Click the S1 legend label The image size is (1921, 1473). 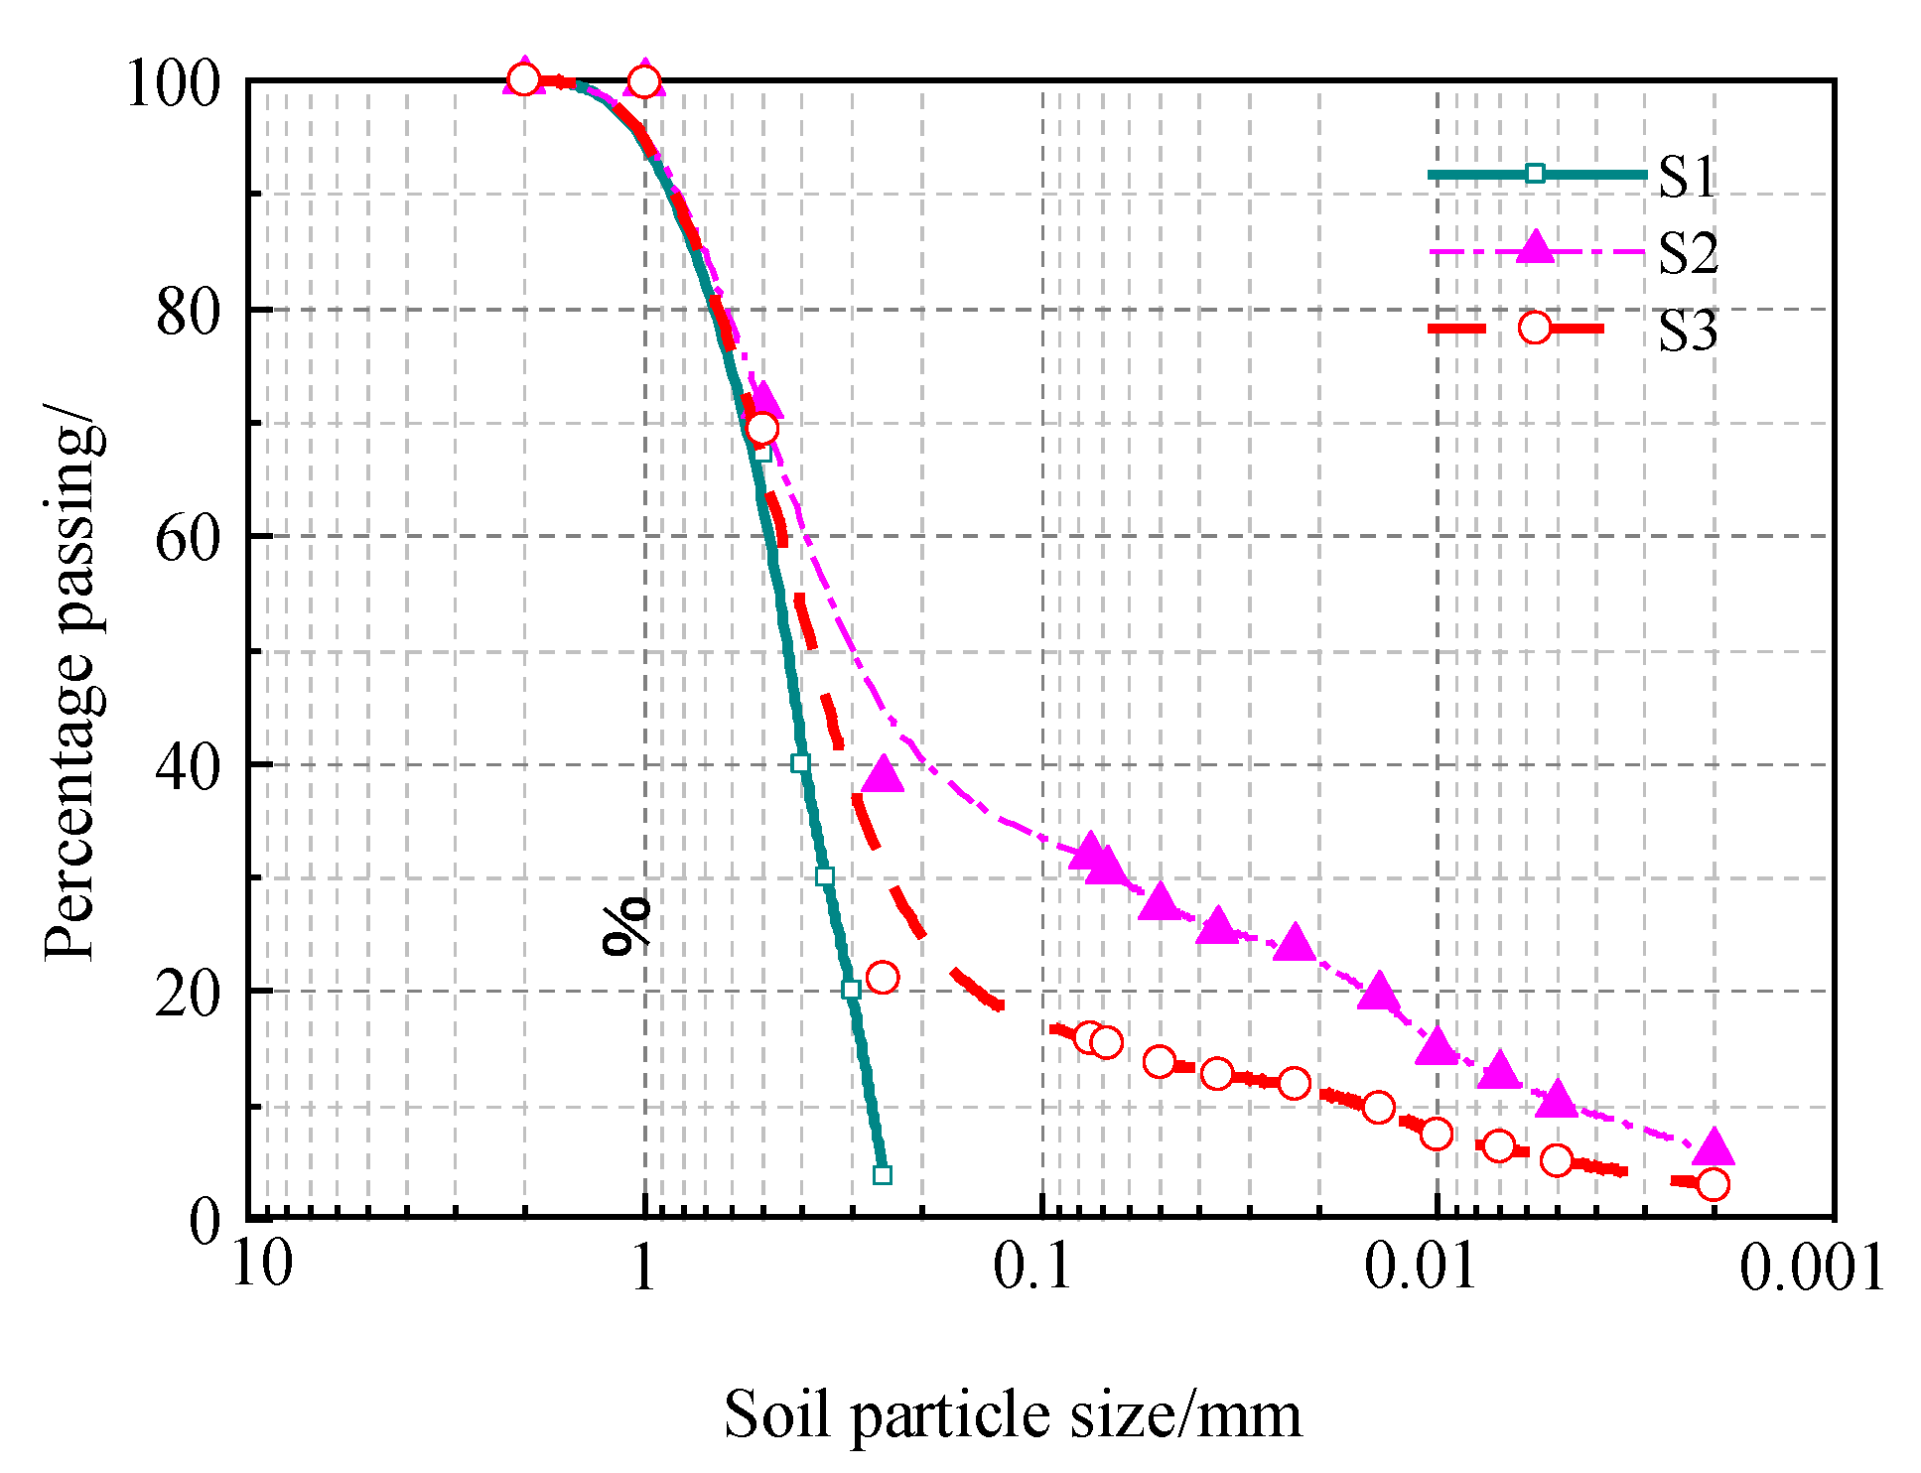click(x=1687, y=177)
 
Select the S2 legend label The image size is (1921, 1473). click(x=1688, y=253)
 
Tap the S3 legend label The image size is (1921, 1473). click(x=1688, y=331)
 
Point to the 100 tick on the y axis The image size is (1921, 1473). click(x=171, y=83)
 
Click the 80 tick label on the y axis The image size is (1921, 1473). click(x=186, y=313)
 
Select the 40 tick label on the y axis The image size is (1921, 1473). click(x=186, y=766)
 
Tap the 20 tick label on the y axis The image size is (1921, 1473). click(x=186, y=993)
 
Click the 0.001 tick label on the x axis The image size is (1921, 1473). click(x=1811, y=1268)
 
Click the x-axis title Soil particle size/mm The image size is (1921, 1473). click(x=1012, y=1413)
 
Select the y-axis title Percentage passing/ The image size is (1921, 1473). click(x=71, y=685)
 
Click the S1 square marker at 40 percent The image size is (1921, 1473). click(x=800, y=763)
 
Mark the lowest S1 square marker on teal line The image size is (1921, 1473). click(x=883, y=1175)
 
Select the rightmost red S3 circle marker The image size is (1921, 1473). click(x=1714, y=1184)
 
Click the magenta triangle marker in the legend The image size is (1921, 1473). click(x=1536, y=247)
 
